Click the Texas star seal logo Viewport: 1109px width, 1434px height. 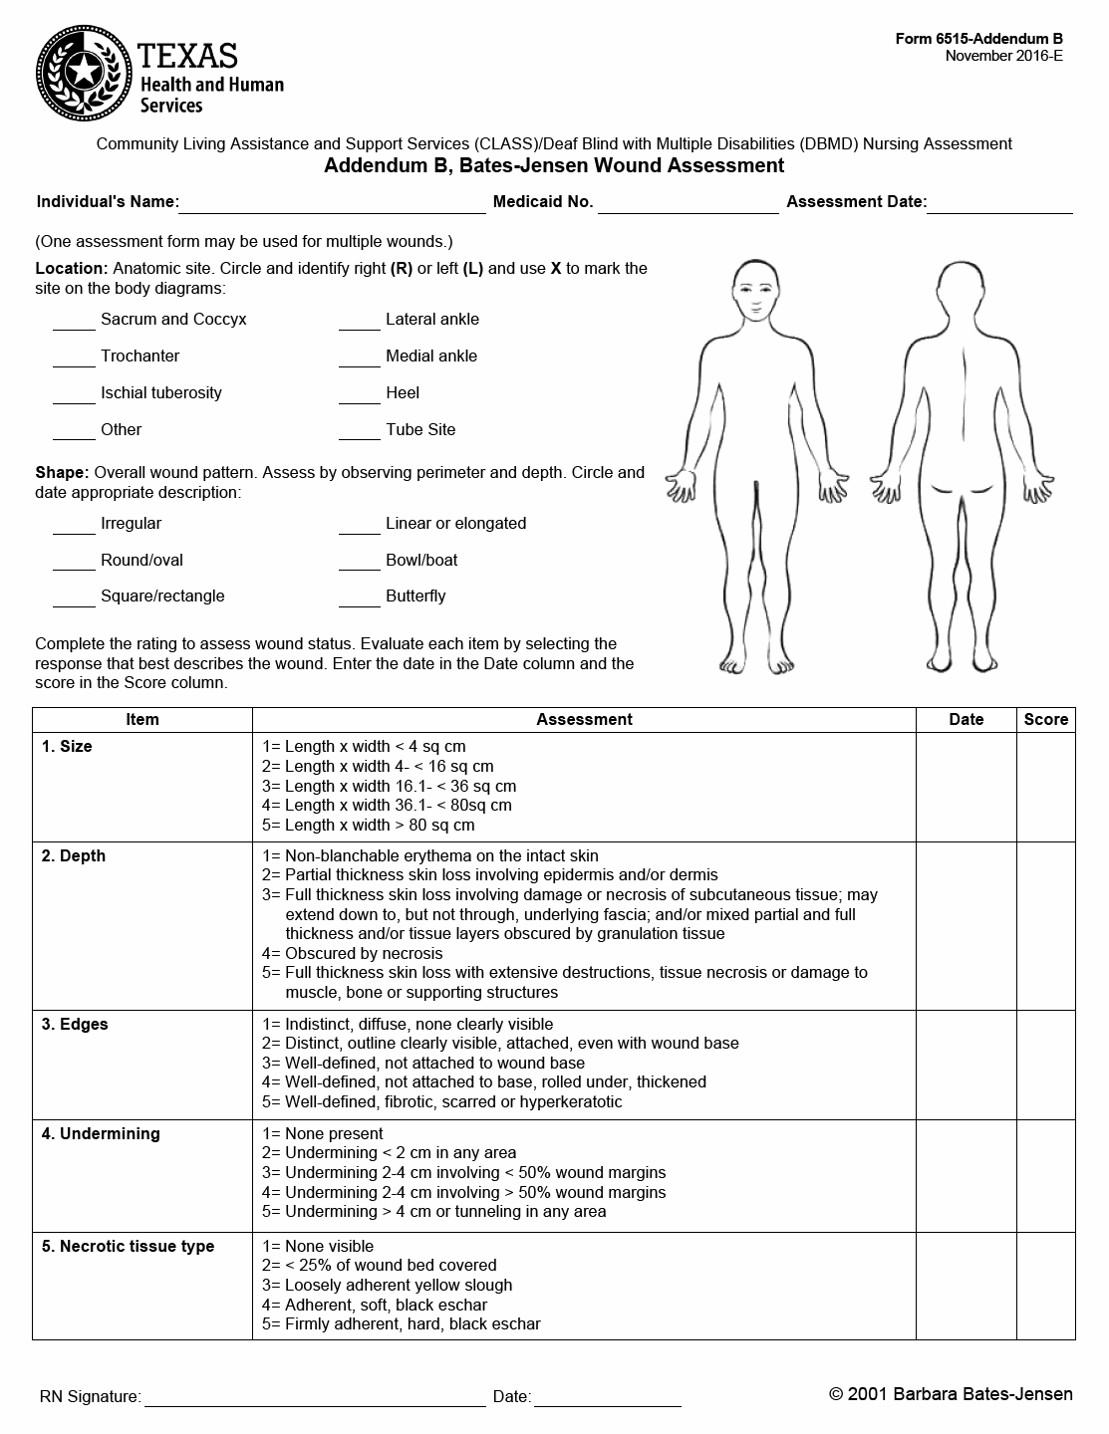pos(84,71)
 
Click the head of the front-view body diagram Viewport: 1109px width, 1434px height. pos(756,289)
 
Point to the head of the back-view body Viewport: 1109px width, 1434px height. pos(960,289)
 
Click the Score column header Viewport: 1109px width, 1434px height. pos(1045,719)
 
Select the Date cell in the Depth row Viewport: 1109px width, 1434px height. pos(966,925)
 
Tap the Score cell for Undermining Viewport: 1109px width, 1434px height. pos(1045,1174)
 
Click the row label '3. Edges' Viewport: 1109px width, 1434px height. pos(74,1024)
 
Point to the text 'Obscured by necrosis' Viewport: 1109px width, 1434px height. pos(363,953)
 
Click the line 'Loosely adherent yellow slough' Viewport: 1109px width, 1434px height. pos(398,1285)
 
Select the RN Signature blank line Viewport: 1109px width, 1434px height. pos(315,1397)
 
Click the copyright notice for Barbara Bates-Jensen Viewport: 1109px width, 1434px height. pos(951,1394)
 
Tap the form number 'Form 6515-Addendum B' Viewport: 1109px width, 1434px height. pos(978,39)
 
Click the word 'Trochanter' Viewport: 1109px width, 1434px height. pos(140,357)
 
